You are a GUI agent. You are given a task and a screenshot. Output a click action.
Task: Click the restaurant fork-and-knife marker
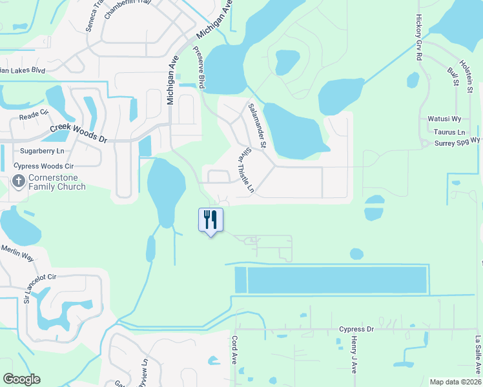tap(211, 220)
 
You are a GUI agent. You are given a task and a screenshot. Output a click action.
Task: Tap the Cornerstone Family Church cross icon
tap(19, 182)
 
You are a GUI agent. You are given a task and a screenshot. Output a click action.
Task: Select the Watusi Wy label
tap(444, 119)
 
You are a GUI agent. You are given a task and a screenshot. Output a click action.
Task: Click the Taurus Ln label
tap(452, 132)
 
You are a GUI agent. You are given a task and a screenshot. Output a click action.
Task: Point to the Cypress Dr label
tap(356, 330)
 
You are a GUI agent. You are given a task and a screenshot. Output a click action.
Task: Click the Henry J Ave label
tap(354, 358)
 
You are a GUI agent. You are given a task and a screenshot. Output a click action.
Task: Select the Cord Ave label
tap(234, 349)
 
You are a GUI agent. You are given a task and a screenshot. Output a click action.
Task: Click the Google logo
tap(21, 379)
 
